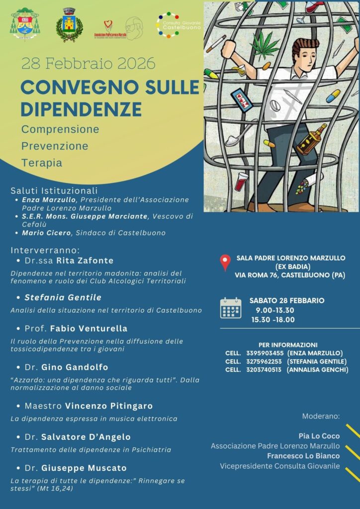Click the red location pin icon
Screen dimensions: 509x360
pyautogui.click(x=225, y=262)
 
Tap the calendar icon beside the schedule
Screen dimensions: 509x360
pyautogui.click(x=230, y=308)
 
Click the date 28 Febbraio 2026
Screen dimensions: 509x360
pyautogui.click(x=88, y=64)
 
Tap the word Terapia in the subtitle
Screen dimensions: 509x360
pyautogui.click(x=42, y=163)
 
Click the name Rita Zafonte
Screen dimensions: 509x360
pyautogui.click(x=85, y=260)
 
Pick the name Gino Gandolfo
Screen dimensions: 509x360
pyautogui.click(x=82, y=367)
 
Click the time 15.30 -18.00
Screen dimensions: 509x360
pyautogui.click(x=272, y=319)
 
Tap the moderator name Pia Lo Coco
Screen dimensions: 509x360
pyautogui.click(x=319, y=435)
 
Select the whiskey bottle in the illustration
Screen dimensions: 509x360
pyautogui.click(x=311, y=140)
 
